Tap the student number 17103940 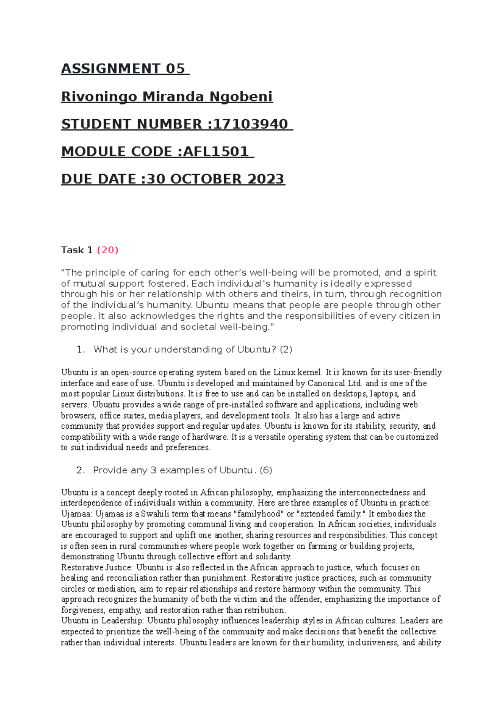(x=251, y=124)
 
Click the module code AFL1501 (x=216, y=152)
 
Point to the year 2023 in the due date (x=265, y=179)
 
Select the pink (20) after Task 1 (x=108, y=250)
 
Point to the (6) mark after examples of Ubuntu (x=266, y=471)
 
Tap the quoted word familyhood (x=258, y=514)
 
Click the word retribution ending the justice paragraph (x=265, y=611)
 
